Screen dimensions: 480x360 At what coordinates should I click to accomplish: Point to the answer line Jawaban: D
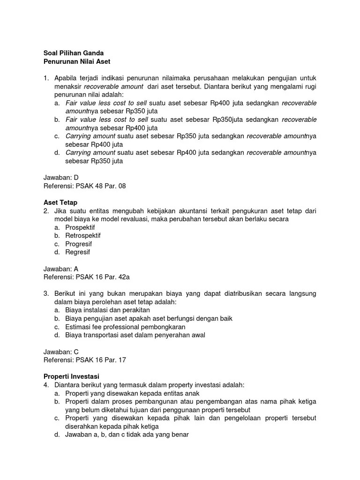point(61,178)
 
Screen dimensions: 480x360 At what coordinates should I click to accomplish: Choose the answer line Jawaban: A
point(61,269)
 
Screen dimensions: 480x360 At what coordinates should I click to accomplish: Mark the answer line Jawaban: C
point(61,352)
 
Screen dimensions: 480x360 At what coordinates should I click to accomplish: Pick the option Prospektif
point(80,227)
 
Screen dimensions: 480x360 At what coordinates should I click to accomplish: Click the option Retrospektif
point(83,236)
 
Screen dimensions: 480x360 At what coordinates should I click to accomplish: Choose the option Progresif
point(79,244)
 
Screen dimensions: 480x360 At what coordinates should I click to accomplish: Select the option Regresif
point(78,252)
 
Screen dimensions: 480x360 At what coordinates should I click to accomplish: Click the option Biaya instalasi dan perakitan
point(107,310)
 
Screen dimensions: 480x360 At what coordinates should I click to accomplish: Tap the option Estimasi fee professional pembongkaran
point(125,327)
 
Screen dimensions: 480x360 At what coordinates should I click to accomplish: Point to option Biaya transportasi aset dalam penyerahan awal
point(135,335)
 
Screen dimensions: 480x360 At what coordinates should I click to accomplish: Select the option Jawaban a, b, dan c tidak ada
point(127,435)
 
